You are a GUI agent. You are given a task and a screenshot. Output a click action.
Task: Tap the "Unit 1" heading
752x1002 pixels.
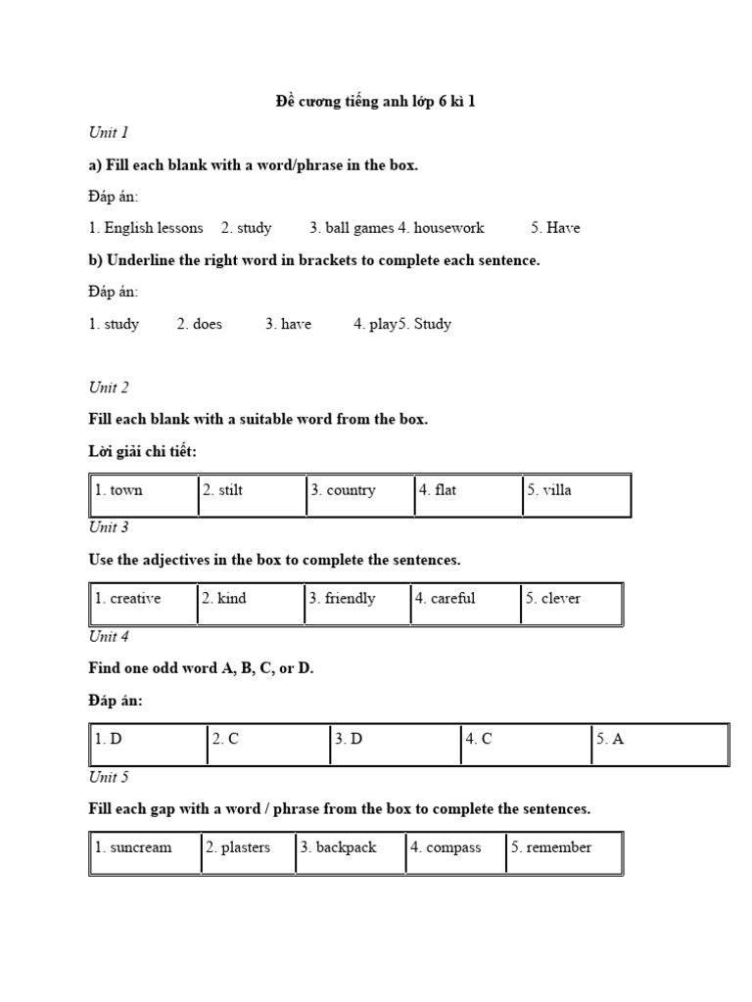(x=109, y=132)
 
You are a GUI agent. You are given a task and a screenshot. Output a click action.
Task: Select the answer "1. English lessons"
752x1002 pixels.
(x=146, y=228)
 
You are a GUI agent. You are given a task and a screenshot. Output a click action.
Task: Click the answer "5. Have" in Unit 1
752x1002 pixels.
(x=555, y=228)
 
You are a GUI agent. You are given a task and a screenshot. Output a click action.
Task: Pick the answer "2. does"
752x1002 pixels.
(x=200, y=324)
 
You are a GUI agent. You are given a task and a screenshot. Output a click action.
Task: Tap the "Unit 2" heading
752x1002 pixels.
(x=109, y=387)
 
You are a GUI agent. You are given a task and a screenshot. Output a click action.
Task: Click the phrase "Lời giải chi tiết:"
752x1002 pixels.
(x=149, y=451)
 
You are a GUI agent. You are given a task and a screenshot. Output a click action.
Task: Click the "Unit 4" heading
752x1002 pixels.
(x=109, y=637)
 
